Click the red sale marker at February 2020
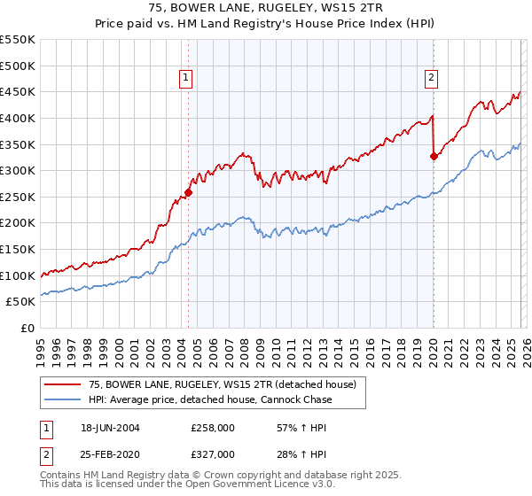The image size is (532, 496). pos(434,157)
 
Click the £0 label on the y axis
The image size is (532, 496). pos(27,328)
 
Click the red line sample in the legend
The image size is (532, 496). pos(63,384)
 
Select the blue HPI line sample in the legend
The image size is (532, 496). pos(63,399)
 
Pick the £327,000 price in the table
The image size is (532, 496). pos(213,453)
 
